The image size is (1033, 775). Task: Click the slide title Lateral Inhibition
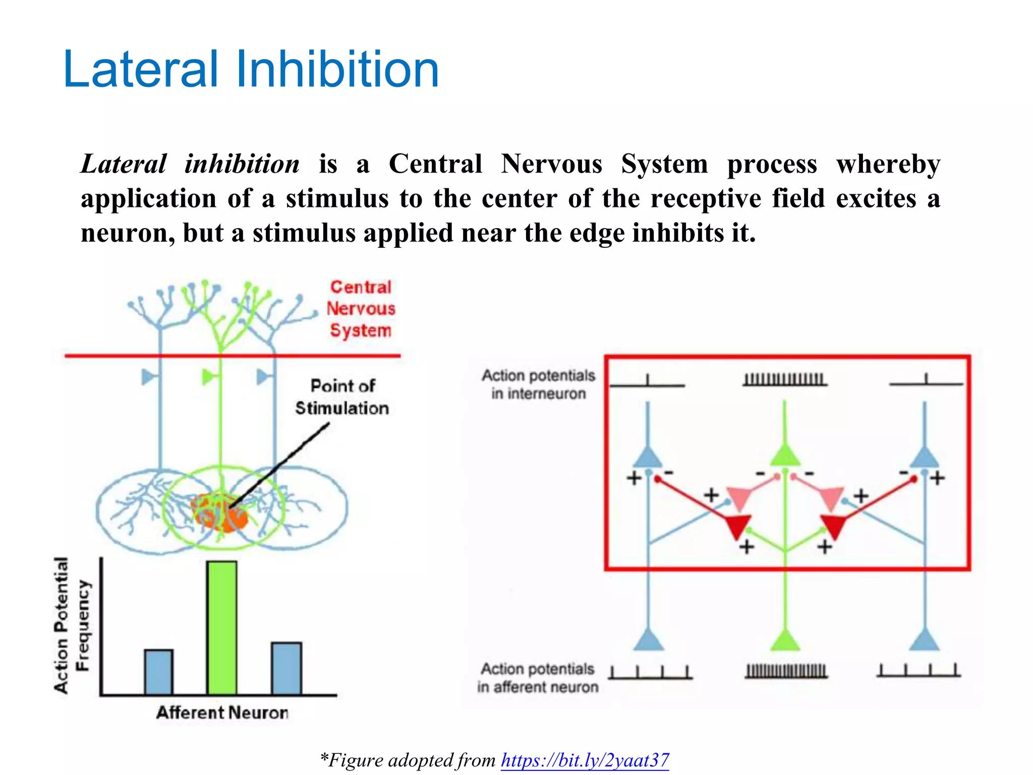tap(251, 70)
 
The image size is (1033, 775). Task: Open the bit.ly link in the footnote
tap(585, 760)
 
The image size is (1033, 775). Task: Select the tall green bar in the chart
tap(222, 628)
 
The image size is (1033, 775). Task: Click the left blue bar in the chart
tap(159, 672)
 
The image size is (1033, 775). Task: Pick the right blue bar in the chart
tap(286, 668)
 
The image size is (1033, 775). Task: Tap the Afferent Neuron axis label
tap(222, 712)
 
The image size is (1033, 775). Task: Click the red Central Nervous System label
tap(361, 308)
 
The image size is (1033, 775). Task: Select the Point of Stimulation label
tap(342, 397)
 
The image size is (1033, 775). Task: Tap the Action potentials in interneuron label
tap(538, 384)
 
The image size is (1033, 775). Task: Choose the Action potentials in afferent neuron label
tap(538, 678)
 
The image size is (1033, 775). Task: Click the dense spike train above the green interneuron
tap(784, 379)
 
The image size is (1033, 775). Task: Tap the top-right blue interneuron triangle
tap(924, 458)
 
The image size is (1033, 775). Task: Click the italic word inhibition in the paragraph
tap(242, 164)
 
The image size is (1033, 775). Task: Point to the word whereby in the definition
tap(888, 164)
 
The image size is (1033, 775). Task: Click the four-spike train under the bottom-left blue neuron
tap(650, 673)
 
